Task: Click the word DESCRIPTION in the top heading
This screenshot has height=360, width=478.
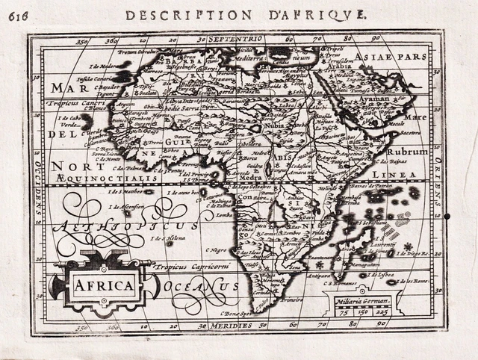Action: click(x=170, y=14)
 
